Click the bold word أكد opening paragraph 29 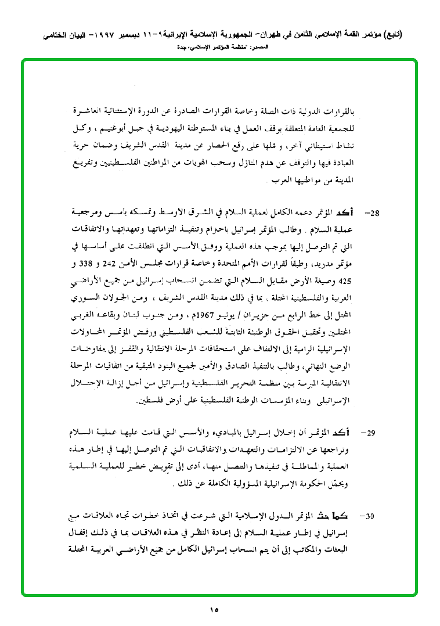[344, 432]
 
